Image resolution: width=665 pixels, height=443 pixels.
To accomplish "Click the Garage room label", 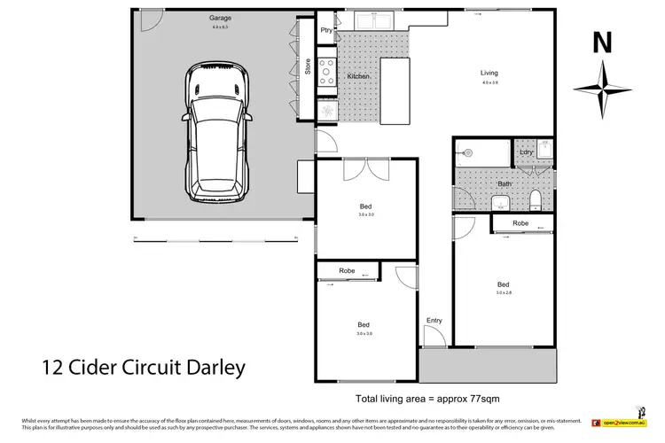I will pyautogui.click(x=220, y=18).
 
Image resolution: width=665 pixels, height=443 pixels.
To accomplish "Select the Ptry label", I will pyautogui.click(x=325, y=30).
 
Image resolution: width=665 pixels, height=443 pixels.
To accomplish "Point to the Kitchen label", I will pyautogui.click(x=357, y=77).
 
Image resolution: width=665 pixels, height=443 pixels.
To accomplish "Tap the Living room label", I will pyautogui.click(x=489, y=73).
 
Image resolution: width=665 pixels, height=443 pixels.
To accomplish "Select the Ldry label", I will pyautogui.click(x=527, y=152).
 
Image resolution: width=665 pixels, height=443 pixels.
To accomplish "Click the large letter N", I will pyautogui.click(x=600, y=41).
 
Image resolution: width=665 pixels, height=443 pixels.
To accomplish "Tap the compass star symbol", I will pyautogui.click(x=602, y=89).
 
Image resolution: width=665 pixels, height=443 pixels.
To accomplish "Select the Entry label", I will pyautogui.click(x=434, y=320).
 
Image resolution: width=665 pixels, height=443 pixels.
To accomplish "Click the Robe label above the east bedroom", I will pyautogui.click(x=520, y=224).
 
